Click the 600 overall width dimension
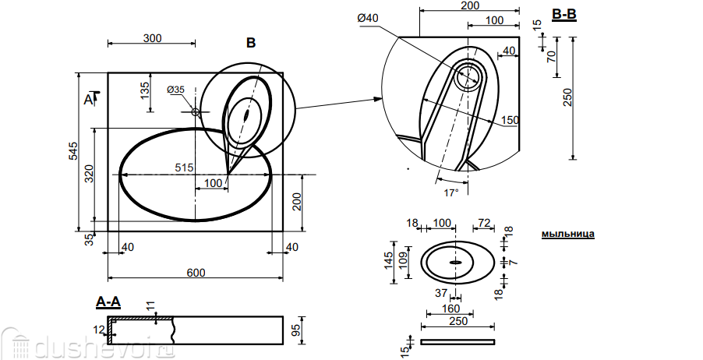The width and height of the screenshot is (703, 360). (196, 272)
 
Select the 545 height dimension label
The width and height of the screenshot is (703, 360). (72, 151)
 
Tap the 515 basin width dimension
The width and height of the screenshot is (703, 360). (184, 168)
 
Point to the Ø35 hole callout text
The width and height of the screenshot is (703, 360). (175, 90)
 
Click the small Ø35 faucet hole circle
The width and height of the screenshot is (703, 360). (196, 112)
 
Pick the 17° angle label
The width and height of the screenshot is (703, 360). (451, 191)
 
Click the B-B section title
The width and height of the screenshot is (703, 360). (563, 14)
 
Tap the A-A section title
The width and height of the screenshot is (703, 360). (108, 300)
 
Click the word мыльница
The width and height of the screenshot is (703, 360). (568, 233)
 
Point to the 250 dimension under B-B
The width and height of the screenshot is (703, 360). (567, 97)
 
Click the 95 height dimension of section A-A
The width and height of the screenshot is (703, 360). (295, 330)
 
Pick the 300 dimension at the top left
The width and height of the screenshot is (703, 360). (153, 37)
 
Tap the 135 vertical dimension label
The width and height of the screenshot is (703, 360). (144, 90)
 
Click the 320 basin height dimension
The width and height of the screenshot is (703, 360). (88, 174)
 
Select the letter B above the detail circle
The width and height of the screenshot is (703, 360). (250, 44)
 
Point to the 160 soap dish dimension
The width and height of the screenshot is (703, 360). (450, 308)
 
